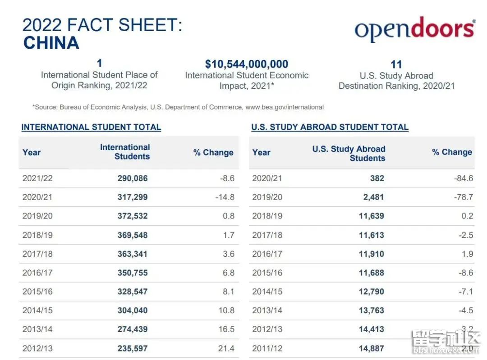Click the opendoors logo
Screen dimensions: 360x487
(414, 29)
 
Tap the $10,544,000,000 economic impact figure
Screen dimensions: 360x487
(246, 64)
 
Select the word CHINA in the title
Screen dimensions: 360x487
(51, 43)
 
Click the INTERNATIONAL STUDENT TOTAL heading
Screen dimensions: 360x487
(91, 127)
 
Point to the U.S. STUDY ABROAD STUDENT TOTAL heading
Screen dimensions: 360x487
(330, 127)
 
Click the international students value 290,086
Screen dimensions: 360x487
(133, 178)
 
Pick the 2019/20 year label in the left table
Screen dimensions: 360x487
(37, 216)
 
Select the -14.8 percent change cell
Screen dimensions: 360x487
(225, 197)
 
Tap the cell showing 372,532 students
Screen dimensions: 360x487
(133, 216)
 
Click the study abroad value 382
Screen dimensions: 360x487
(377, 178)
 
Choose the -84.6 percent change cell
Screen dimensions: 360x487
(464, 178)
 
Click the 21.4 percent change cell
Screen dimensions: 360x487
(226, 348)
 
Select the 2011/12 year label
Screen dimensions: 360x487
(267, 348)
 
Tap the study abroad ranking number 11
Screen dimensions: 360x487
(396, 64)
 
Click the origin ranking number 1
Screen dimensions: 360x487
(100, 64)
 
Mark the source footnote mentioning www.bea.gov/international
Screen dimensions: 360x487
(178, 107)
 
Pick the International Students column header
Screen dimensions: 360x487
(125, 152)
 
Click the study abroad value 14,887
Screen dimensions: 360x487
(371, 348)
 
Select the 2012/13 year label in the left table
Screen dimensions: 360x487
(37, 348)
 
